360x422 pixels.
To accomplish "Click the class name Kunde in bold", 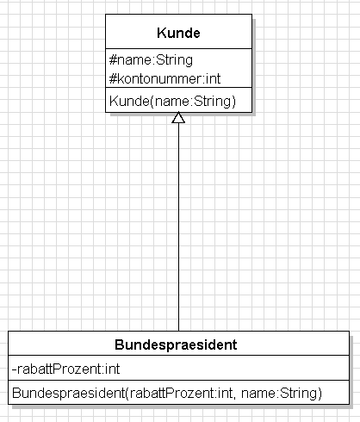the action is coord(178,33).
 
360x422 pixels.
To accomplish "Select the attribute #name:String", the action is coord(151,60).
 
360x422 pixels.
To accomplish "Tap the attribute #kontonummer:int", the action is coord(164,78).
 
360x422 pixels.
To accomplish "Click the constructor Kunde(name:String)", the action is coord(172,101).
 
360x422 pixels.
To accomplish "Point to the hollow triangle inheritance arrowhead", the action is coord(178,118).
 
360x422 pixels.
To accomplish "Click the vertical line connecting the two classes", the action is coord(178,227).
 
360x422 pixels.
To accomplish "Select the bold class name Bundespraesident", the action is coord(176,344).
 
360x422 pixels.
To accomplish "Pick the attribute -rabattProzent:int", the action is coord(65,369).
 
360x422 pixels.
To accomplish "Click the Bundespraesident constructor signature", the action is coord(167,393).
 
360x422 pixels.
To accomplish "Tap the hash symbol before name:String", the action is coord(113,60).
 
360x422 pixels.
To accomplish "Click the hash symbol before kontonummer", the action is coord(113,78).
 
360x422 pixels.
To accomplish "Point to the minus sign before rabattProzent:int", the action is coord(14,369).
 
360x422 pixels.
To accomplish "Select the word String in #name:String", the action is coord(175,60).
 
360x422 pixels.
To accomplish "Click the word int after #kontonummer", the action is coord(214,78).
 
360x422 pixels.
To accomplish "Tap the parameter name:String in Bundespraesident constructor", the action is coord(280,393).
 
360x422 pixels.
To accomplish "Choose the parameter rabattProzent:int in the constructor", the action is coord(181,393).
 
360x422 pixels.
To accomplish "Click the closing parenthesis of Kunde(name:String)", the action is coord(233,102).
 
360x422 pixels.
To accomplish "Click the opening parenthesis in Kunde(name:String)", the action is coord(152,102).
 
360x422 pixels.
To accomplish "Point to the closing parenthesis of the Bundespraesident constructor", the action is coord(320,394).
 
